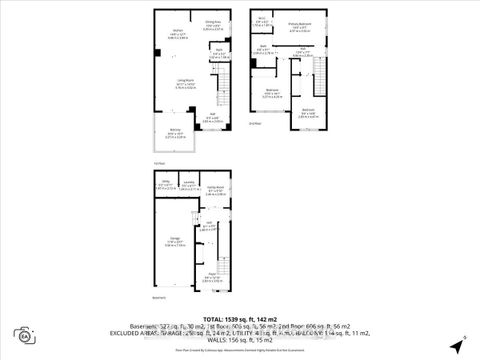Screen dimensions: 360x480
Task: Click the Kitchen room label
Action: [162, 36]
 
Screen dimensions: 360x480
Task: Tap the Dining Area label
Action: [213, 23]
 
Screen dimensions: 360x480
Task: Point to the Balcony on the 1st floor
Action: [174, 134]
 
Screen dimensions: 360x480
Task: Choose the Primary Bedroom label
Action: [298, 26]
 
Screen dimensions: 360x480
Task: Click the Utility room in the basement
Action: [166, 185]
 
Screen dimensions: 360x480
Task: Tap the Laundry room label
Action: [187, 185]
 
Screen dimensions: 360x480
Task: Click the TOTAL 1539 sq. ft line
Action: [240, 320]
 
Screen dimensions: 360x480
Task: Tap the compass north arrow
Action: [464, 341]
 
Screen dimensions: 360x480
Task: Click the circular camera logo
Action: [22, 335]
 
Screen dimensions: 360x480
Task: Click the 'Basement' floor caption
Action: [157, 298]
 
